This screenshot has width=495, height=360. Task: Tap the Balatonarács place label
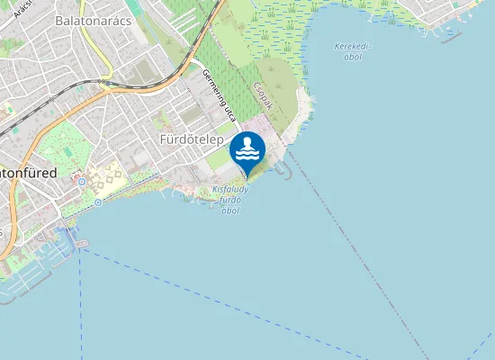pos(93,19)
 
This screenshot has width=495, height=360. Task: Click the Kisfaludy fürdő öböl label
pos(230,200)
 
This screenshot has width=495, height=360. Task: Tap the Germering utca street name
pos(220,97)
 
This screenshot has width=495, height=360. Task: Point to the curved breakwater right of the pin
pos(287,168)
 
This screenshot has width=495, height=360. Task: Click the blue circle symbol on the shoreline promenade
pos(98,202)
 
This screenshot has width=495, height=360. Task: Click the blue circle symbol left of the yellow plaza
pos(81,181)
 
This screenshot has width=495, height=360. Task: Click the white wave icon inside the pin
pos(247,153)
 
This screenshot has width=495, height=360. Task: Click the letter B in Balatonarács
pos(59,19)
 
